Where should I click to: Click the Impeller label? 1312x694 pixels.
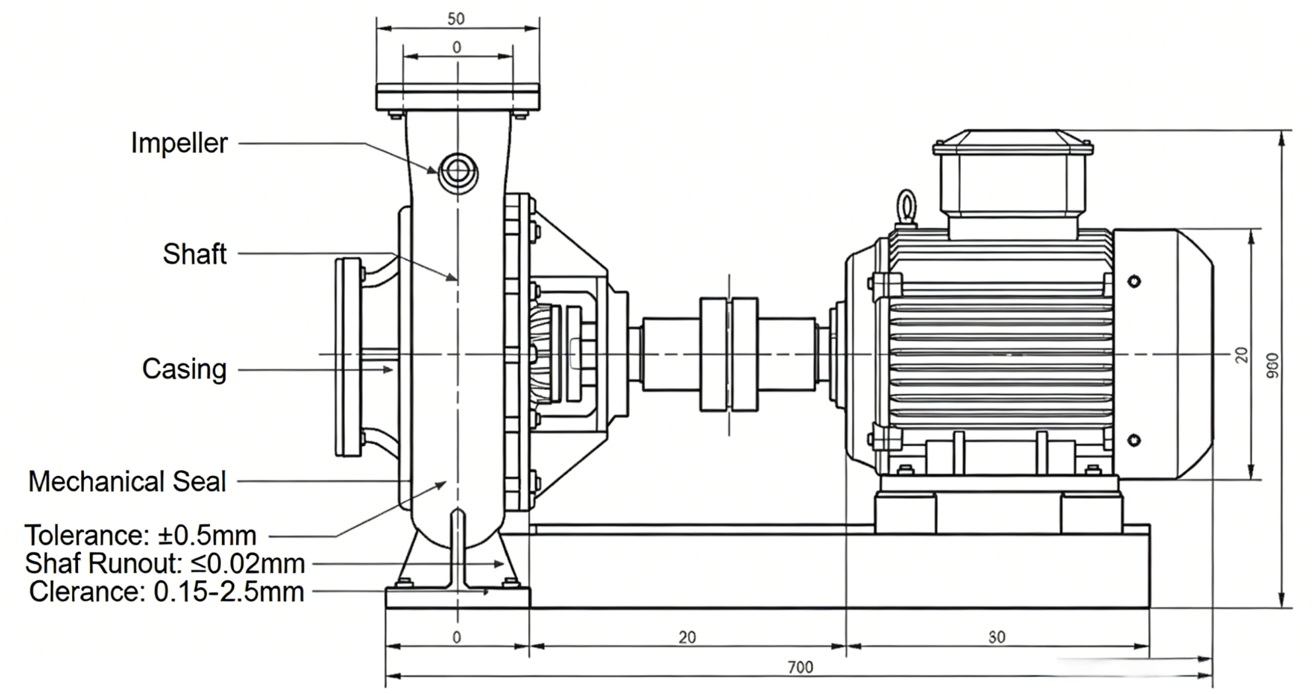tap(179, 143)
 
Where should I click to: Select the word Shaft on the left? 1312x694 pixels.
tap(194, 254)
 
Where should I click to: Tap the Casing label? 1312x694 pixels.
tap(184, 369)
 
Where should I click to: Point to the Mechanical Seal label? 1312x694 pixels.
tap(127, 481)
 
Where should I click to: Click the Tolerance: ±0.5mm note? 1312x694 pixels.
tap(140, 535)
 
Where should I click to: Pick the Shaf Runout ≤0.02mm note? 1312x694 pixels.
tap(165, 564)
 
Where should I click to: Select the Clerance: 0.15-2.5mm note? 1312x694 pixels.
tap(166, 592)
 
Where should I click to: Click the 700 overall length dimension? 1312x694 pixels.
tap(800, 667)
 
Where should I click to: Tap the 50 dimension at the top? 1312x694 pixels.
tap(456, 19)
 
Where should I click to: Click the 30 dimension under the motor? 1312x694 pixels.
tap(997, 637)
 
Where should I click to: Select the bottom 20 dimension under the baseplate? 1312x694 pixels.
tap(687, 637)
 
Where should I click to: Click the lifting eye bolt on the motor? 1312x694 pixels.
tap(906, 207)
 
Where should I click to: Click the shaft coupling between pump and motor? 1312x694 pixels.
tap(728, 354)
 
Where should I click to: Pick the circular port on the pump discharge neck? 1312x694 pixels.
tap(458, 171)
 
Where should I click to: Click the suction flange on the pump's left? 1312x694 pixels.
tap(348, 357)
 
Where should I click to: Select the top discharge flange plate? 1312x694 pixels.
tap(457, 96)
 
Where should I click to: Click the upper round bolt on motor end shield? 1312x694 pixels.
tap(1134, 282)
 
